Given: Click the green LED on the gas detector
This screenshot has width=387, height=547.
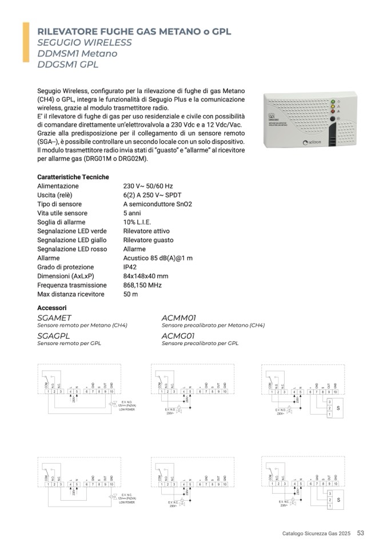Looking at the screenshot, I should click(332, 101).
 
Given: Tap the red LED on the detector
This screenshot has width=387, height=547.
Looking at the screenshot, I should click(332, 111).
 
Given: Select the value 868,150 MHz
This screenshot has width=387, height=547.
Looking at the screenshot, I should click(142, 285).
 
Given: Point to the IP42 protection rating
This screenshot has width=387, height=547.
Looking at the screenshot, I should click(130, 267).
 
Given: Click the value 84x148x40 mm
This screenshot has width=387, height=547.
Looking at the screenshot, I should click(146, 276).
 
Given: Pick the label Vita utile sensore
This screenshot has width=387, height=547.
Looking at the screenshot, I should click(62, 213).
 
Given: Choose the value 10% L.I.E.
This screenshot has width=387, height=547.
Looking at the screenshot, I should click(137, 222).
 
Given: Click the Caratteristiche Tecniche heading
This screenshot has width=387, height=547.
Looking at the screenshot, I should click(73, 177).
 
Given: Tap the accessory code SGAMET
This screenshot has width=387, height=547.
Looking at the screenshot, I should click(54, 317).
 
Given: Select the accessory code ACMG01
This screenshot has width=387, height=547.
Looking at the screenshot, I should click(179, 336).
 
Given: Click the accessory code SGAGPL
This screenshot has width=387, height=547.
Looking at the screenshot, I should click(53, 336).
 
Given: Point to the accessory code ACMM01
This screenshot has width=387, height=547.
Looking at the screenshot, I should click(179, 317).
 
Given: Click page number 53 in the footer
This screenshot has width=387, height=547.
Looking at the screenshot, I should click(361, 533).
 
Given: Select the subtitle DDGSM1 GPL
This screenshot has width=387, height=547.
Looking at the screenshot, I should click(68, 65).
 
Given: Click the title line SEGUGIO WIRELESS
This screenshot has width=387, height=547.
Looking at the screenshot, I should click(84, 42).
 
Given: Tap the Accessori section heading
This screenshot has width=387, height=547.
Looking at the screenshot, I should click(53, 307).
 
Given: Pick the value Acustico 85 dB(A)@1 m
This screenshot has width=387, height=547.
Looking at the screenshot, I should click(158, 258).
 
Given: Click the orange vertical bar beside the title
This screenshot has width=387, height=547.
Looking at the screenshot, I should click(26, 42).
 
